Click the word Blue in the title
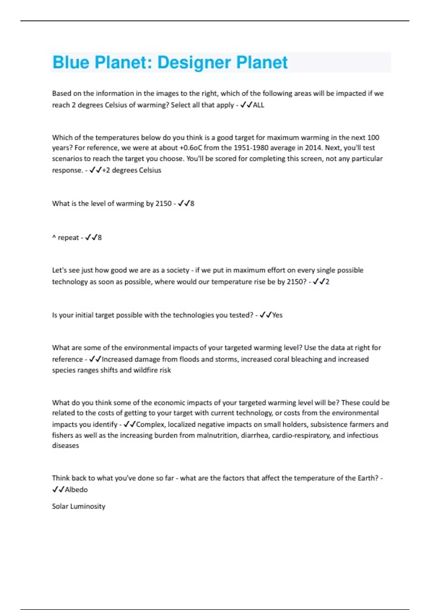pyautogui.click(x=71, y=62)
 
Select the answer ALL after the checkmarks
pyautogui.click(x=258, y=105)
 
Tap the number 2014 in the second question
pyautogui.click(x=313, y=148)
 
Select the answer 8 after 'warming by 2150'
pyautogui.click(x=192, y=203)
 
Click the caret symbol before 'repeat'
pyautogui.click(x=54, y=237)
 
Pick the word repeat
pyautogui.click(x=68, y=238)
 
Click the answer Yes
pyautogui.click(x=277, y=315)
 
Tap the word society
pyautogui.click(x=177, y=270)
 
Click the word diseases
pyautogui.click(x=65, y=446)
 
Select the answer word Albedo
pyautogui.click(x=76, y=490)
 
